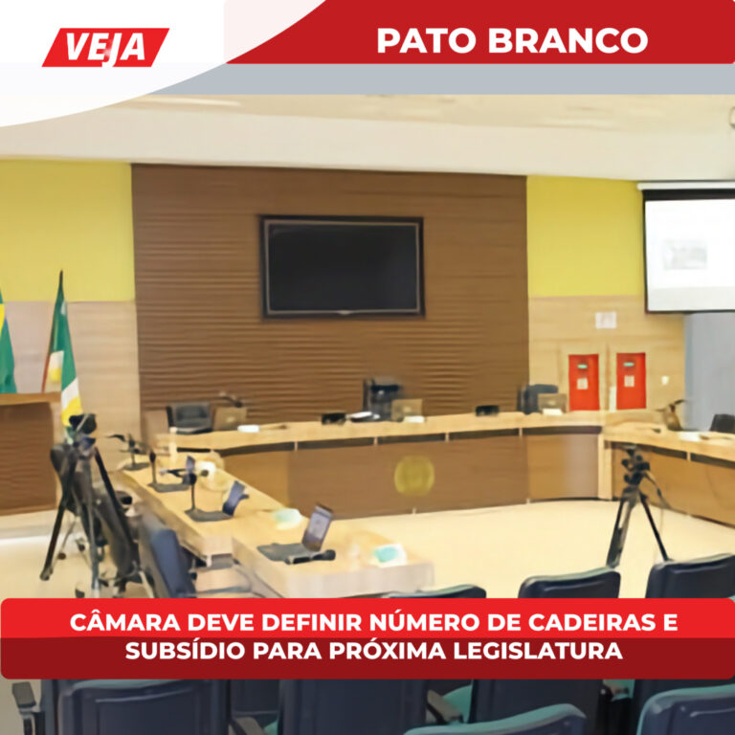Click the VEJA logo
pos(105,47)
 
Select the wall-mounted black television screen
pos(343,266)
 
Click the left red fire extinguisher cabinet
pos(583,381)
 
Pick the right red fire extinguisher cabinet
pos(630,380)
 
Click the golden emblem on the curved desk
pos(414,475)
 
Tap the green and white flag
pos(61,348)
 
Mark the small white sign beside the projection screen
pos(605,320)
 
